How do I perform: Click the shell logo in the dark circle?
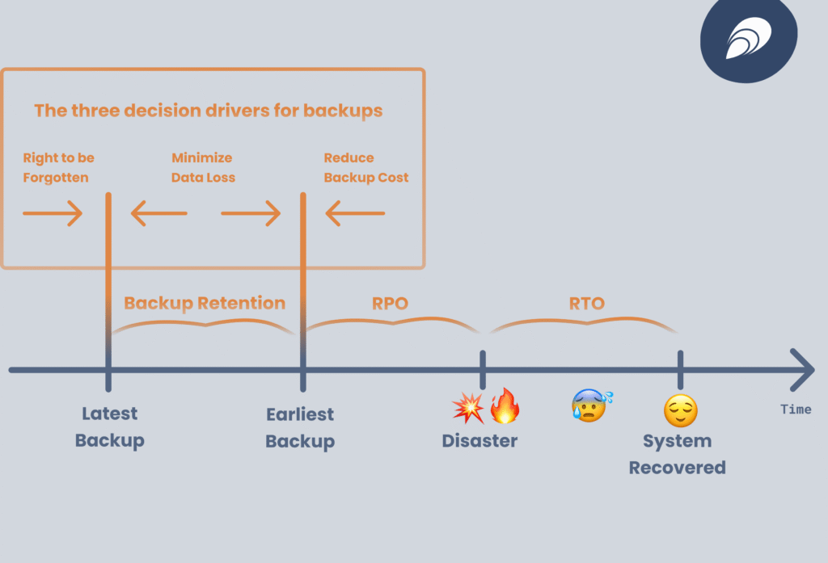[749, 40]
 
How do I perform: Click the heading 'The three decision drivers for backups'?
[209, 111]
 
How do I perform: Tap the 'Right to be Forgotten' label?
[58, 167]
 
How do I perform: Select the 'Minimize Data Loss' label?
[203, 167]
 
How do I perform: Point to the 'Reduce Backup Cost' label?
[366, 167]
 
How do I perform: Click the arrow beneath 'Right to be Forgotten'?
[53, 214]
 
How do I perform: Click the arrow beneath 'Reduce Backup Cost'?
[355, 214]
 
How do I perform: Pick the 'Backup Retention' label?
[205, 304]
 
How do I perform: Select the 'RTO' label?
[586, 304]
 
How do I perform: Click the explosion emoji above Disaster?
[467, 406]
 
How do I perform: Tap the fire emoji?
[505, 406]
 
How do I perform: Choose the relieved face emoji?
[680, 411]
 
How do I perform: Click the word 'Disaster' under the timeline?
[479, 441]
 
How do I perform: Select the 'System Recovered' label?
[678, 454]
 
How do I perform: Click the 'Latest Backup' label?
[110, 426]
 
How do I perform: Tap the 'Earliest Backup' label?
[300, 427]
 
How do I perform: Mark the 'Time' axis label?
[796, 410]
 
